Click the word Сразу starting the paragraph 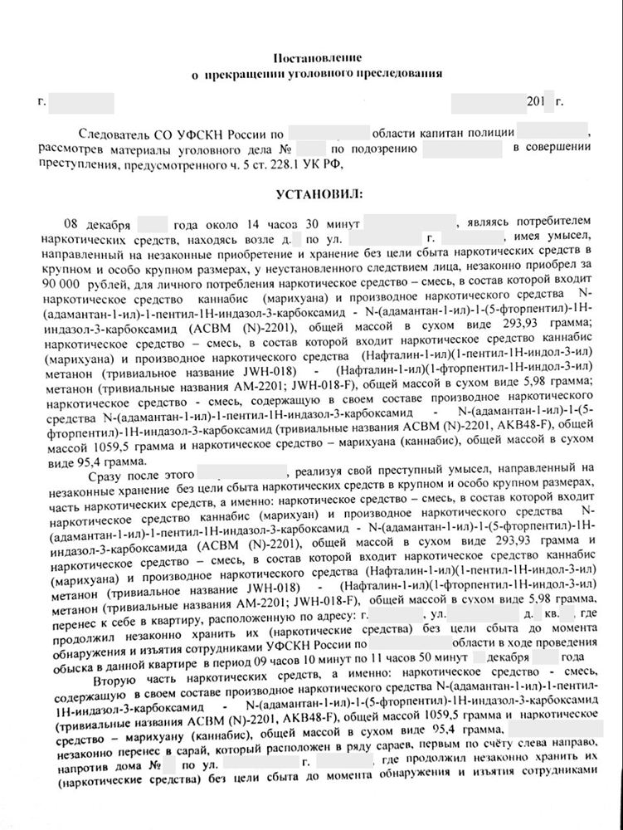(x=87, y=467)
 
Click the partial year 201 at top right (x=536, y=103)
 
